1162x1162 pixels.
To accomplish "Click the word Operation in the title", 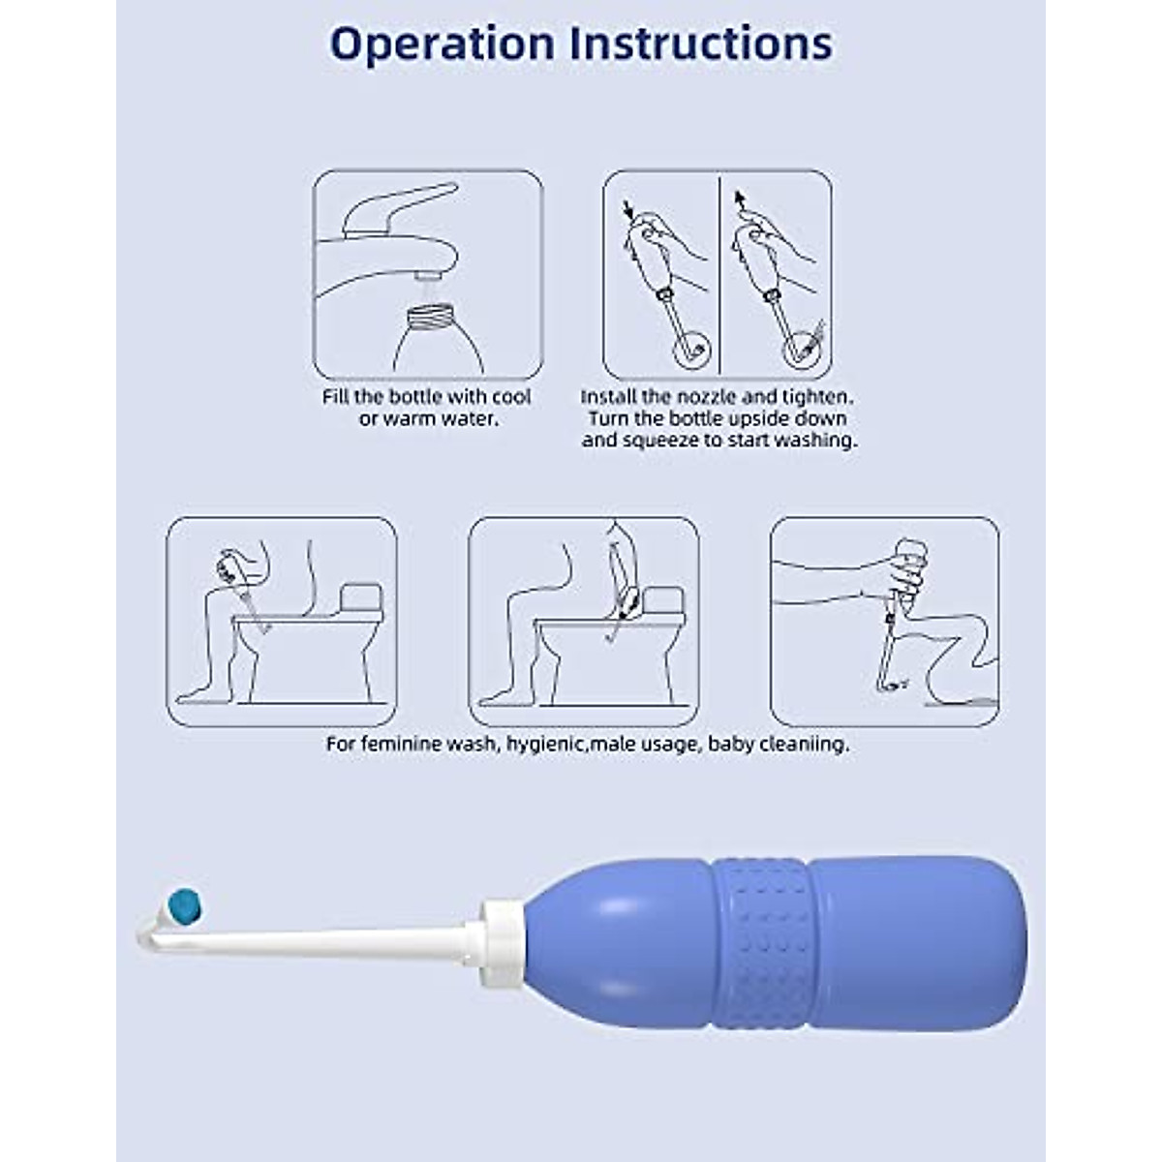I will click(443, 44).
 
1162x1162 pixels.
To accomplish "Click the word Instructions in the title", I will click(700, 44).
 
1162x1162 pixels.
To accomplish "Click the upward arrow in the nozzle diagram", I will click(740, 201).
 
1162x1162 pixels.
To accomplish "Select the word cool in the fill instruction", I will click(511, 397).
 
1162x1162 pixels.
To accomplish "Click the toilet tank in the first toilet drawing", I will click(361, 601).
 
